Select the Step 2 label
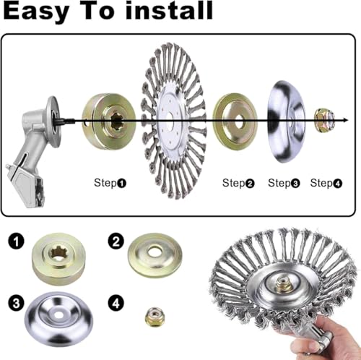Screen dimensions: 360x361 pyautogui.click(x=238, y=184)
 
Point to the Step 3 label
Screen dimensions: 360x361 pyautogui.click(x=284, y=184)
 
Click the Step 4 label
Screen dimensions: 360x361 pyautogui.click(x=326, y=184)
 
